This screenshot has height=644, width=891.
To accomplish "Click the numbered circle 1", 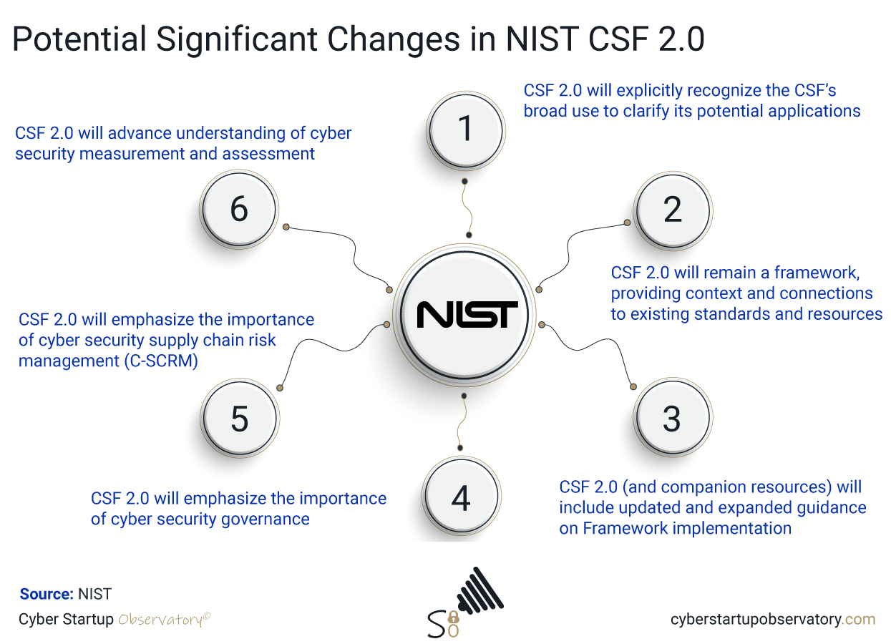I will (x=465, y=130).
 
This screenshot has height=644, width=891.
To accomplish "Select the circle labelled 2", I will (x=672, y=210).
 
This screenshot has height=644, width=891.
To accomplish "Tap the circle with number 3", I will (x=671, y=419).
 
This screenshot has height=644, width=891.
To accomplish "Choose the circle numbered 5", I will (x=240, y=419).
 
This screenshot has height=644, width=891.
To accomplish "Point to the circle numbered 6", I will (x=239, y=210).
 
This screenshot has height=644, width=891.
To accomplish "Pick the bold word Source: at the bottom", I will (x=47, y=594).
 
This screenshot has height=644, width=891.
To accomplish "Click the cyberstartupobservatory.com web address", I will (x=772, y=619).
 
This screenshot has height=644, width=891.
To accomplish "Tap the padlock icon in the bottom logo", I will (x=452, y=617).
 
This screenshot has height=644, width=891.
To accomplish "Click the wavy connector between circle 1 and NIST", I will (x=467, y=208).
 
